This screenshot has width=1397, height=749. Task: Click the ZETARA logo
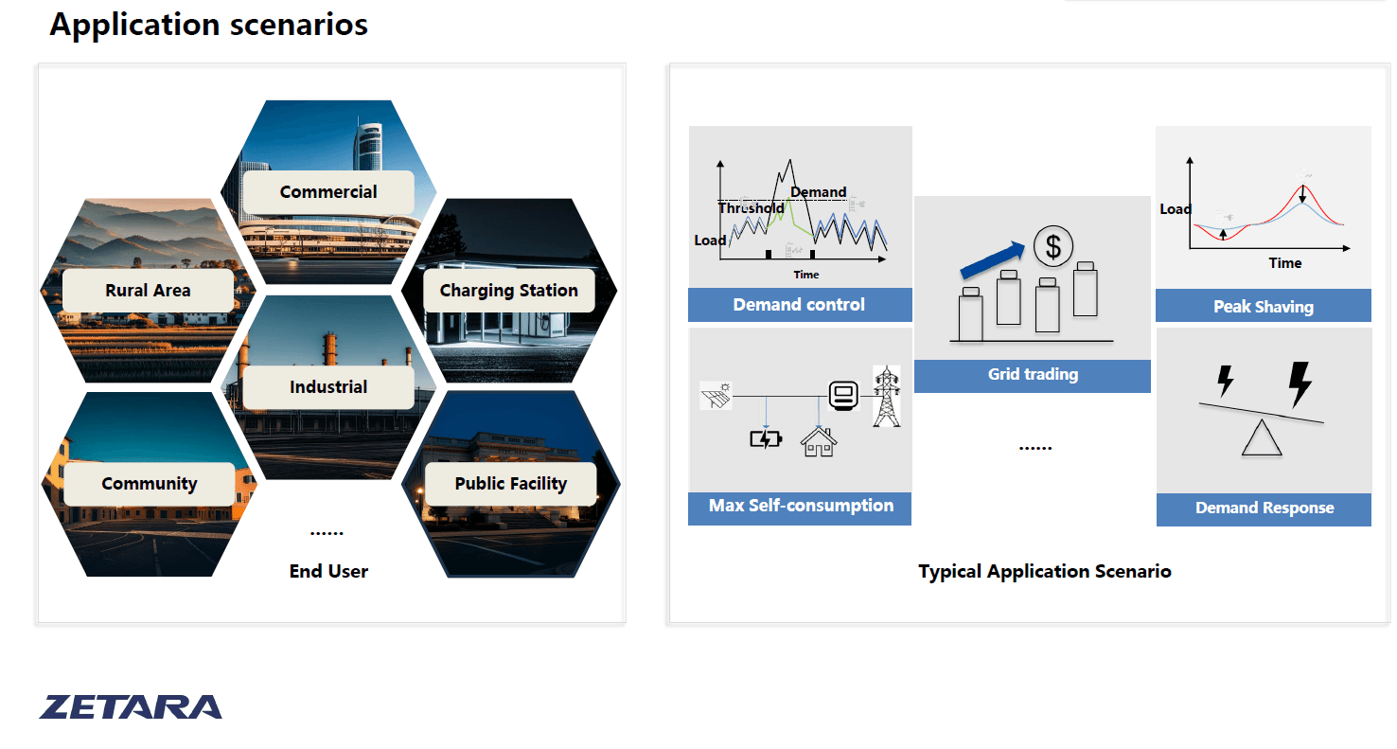tap(131, 707)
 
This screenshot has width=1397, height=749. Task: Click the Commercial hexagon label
tap(328, 192)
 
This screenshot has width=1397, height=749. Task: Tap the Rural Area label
tap(148, 291)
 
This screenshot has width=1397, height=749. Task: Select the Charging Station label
tap(508, 291)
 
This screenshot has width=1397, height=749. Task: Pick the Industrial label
tap(328, 387)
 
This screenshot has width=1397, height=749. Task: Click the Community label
tap(150, 484)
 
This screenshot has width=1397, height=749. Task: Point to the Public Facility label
tap(510, 484)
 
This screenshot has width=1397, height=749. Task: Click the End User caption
tap(328, 571)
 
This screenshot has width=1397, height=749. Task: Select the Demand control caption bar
tap(799, 305)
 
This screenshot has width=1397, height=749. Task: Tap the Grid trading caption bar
tap(1033, 375)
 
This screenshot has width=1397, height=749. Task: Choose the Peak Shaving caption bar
tap(1263, 306)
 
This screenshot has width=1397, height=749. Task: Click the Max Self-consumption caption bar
tap(801, 506)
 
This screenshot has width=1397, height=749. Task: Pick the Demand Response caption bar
tap(1264, 508)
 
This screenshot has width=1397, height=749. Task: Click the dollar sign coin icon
tap(1052, 247)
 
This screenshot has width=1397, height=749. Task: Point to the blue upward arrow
tap(993, 261)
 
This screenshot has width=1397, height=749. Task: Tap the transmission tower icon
tap(886, 396)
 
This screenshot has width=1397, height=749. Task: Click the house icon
tap(818, 440)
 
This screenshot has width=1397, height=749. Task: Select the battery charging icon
tap(765, 439)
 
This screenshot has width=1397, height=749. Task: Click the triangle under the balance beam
tap(1261, 439)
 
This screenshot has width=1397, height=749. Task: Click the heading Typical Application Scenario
tap(1044, 571)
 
